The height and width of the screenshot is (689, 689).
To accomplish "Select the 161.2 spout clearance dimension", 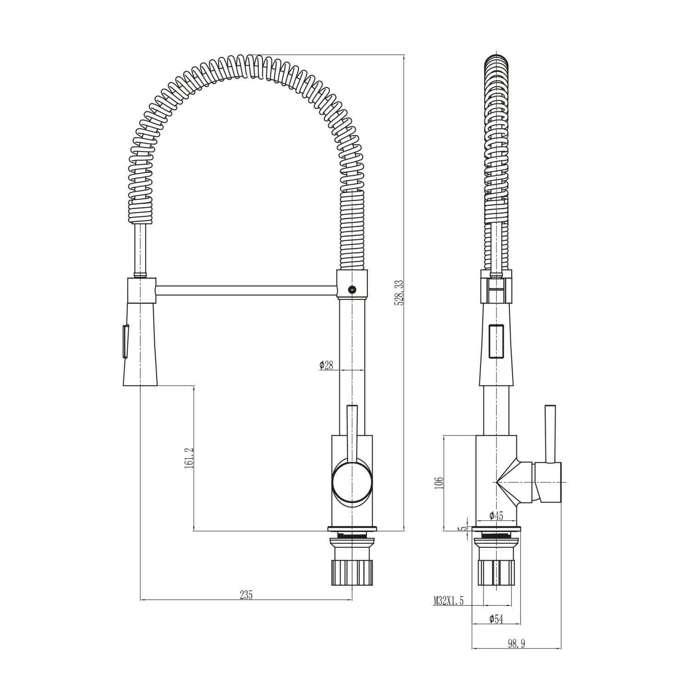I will click(189, 458).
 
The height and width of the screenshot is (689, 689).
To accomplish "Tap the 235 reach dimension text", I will click(246, 595).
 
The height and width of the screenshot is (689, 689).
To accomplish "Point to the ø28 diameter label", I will click(326, 365).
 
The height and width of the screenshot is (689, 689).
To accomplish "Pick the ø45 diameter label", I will click(496, 516).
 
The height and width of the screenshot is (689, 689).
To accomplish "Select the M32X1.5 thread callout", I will click(448, 600).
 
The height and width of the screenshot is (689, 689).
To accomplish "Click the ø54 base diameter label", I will click(496, 619).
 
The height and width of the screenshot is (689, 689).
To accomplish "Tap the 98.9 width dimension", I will click(516, 644).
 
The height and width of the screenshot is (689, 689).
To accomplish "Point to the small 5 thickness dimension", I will click(463, 529).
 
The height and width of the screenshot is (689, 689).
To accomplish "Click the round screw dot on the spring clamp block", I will click(352, 289).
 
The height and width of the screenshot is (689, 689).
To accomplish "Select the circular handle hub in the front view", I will click(352, 482).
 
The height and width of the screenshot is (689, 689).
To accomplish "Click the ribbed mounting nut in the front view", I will click(352, 572).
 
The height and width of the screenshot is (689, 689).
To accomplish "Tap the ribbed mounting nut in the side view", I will click(497, 572).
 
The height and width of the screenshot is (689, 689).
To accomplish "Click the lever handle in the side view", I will click(549, 434).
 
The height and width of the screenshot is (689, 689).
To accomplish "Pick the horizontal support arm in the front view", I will click(246, 290).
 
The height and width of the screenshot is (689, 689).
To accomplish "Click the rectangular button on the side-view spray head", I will click(497, 341).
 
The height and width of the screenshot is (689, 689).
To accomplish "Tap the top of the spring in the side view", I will click(497, 60).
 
